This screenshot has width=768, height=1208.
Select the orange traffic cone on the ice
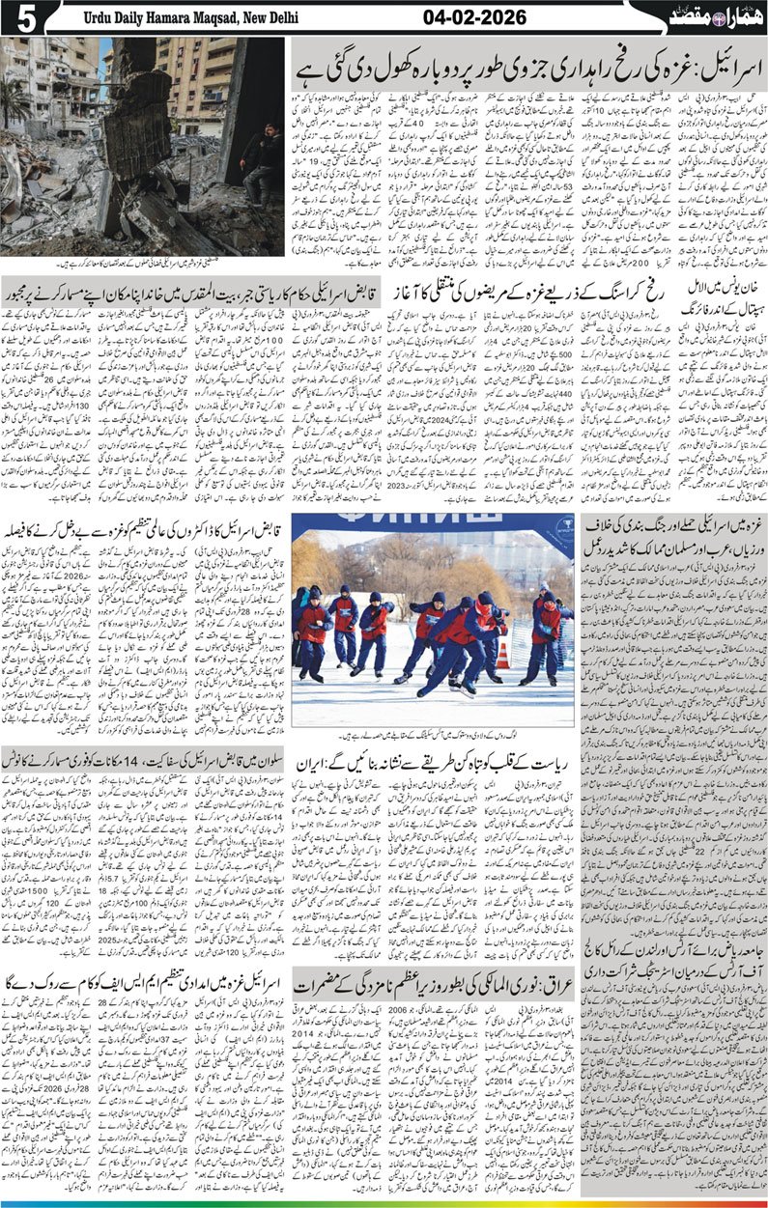tap(502, 659)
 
